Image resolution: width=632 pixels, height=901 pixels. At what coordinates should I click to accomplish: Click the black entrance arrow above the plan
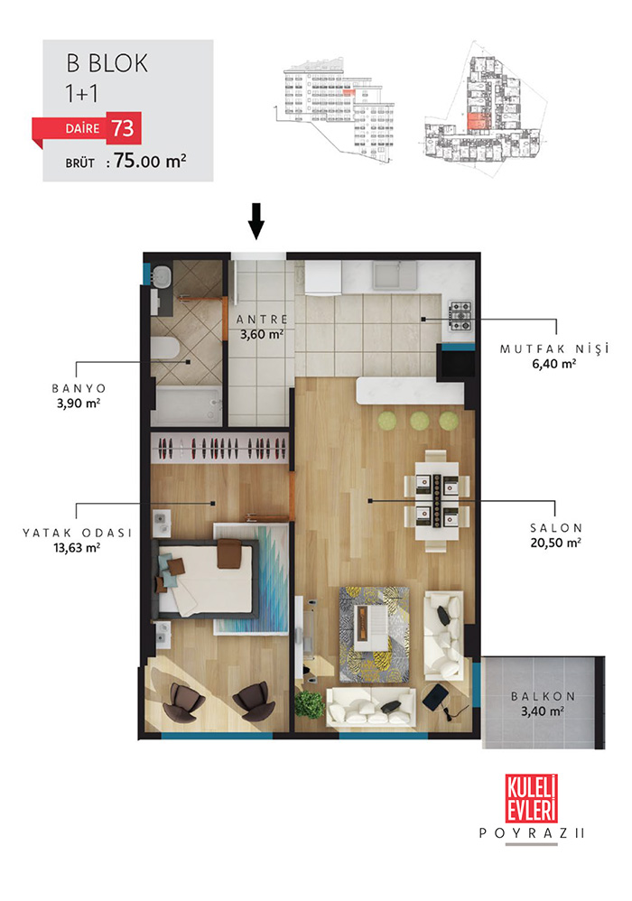(x=256, y=220)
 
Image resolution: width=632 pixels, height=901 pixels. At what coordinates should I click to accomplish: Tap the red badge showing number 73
(x=124, y=127)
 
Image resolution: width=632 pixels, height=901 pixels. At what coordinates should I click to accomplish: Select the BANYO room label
(x=79, y=388)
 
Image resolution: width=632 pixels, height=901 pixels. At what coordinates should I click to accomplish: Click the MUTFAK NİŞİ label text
(x=553, y=348)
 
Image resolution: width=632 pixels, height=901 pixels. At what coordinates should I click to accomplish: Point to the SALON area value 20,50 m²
(x=555, y=543)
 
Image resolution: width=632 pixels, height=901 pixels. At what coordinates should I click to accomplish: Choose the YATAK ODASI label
(x=77, y=533)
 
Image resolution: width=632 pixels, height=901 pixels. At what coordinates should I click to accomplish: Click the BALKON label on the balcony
(x=543, y=696)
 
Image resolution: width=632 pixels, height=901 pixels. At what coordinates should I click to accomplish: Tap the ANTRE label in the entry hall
(x=262, y=320)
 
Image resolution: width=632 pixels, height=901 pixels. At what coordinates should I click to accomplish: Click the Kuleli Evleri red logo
(x=532, y=797)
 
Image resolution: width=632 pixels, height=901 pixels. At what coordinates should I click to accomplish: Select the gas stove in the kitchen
(x=460, y=316)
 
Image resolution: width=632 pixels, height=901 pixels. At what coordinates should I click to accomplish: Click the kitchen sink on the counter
(x=394, y=275)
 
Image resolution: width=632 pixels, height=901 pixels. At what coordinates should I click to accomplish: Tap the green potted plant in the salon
(x=310, y=704)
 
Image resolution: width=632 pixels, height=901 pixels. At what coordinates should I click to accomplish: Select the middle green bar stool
(x=420, y=420)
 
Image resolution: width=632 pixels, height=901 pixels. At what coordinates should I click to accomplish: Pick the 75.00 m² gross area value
(x=150, y=161)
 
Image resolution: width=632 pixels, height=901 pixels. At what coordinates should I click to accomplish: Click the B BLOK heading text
(x=107, y=63)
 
